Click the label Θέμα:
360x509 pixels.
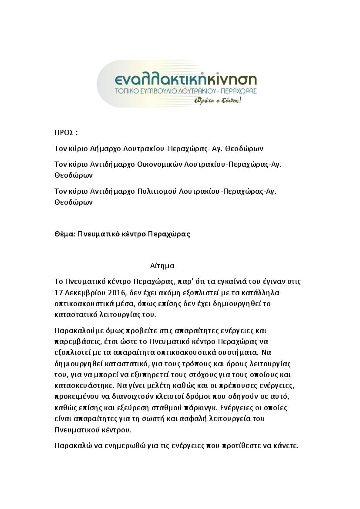click(65, 234)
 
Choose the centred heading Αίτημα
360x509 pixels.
click(162, 266)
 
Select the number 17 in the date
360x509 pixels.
click(59, 292)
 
